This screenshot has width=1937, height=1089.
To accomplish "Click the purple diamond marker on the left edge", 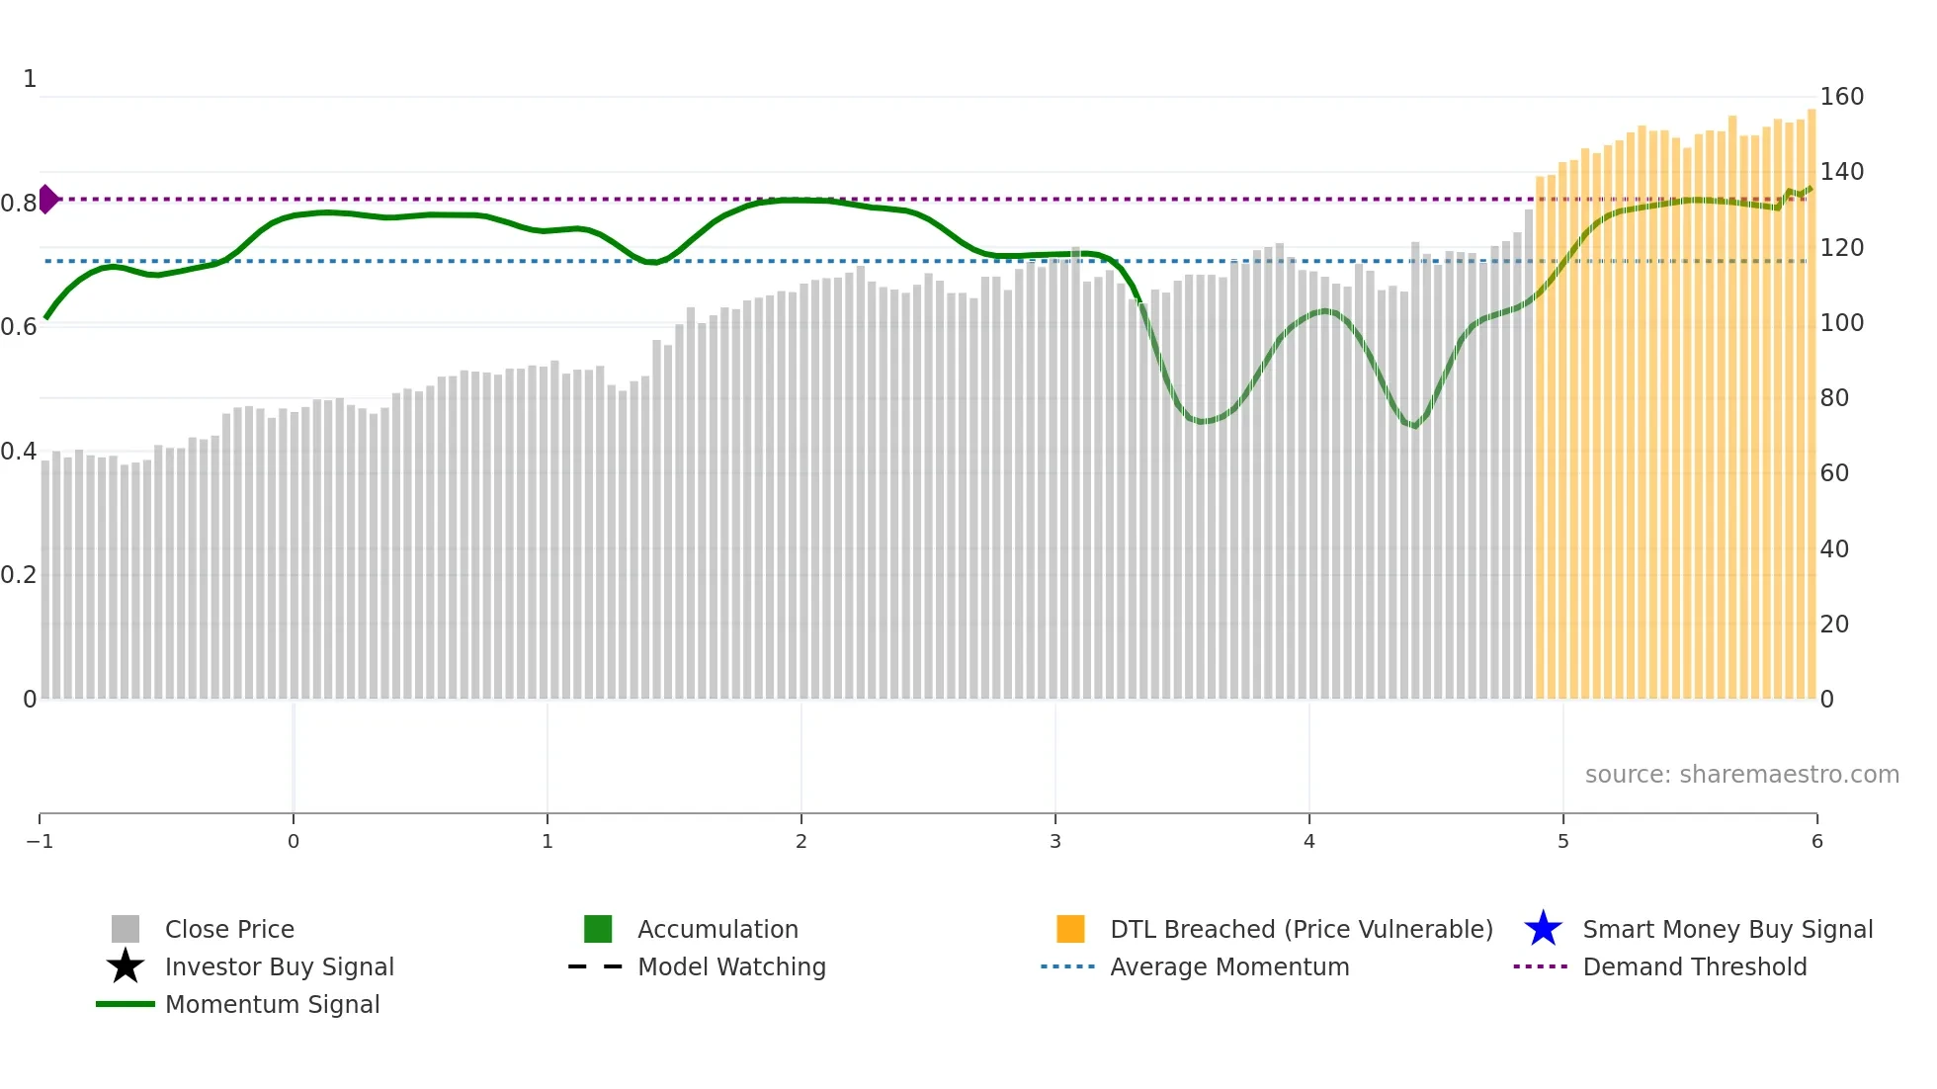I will click(47, 199).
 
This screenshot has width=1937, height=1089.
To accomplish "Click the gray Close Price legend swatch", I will click(126, 929).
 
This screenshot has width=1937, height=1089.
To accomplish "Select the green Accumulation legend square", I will click(598, 929).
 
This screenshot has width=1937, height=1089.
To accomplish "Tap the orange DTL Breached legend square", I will click(1070, 929).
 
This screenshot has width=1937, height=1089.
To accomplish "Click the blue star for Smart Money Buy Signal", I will click(1543, 929).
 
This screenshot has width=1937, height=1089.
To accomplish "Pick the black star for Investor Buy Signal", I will click(126, 966).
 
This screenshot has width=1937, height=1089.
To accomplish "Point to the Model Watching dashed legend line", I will click(595, 966).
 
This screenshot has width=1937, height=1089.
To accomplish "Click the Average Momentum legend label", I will click(1229, 966).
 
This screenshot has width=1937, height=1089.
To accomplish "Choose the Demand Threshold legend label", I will click(1694, 966).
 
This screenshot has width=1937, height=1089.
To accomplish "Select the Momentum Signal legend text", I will click(272, 1004).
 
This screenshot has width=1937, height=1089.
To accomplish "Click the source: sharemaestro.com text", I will click(1741, 774).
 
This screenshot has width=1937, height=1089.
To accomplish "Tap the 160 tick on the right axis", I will click(1841, 97).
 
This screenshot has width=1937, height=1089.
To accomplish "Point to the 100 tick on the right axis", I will click(1841, 323).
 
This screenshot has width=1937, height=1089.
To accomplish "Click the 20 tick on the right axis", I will click(1834, 625).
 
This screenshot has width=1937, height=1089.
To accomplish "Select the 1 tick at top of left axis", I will click(30, 79).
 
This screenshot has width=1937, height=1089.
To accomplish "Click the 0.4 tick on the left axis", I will click(19, 452).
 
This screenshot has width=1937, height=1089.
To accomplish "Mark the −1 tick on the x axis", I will click(40, 841).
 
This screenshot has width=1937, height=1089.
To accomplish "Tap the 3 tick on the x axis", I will click(1055, 841).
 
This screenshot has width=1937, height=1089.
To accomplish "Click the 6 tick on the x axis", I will click(1816, 841).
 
